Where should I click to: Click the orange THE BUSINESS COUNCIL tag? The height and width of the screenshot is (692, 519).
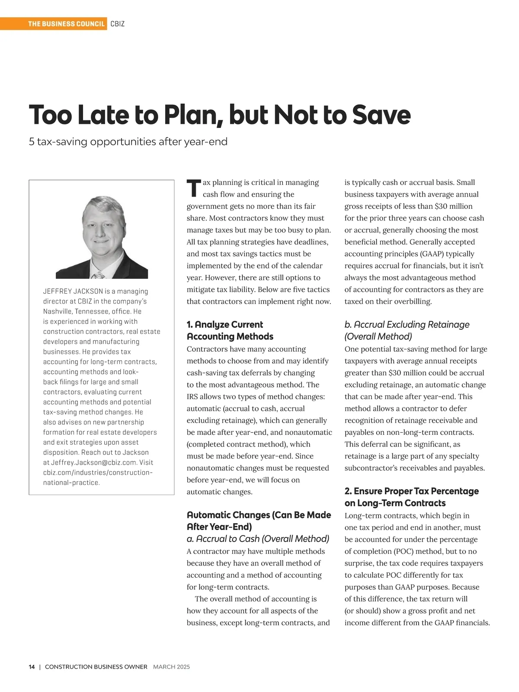coord(66,24)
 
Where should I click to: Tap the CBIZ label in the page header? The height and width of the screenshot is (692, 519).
coord(118,24)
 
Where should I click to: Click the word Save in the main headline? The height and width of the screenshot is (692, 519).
coord(381,115)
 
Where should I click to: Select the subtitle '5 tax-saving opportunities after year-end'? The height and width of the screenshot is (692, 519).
coord(128,142)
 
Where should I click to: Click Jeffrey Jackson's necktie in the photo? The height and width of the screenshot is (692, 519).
coord(99,275)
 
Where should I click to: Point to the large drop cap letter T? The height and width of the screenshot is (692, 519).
coord(194,188)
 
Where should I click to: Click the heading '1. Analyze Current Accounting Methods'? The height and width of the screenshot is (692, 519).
coord(230,330)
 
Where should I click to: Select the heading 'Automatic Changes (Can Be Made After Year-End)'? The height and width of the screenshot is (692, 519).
coord(259,521)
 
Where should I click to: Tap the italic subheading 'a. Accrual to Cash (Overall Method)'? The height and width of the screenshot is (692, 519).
coord(258,539)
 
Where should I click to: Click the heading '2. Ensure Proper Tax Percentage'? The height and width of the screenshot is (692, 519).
coord(411,491)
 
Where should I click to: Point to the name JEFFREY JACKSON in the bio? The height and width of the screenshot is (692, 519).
coord(73,291)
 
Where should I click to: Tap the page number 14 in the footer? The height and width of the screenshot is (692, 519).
coord(32,667)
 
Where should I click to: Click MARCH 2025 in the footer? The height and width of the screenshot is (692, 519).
coord(171,667)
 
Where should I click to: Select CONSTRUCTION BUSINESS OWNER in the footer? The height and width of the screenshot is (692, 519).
coord(96,667)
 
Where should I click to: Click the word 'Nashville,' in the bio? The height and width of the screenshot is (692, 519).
coord(58,311)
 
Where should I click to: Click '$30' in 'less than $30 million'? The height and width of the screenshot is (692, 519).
coord(441,206)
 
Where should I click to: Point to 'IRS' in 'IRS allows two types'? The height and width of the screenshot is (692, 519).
coord(192,397)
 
